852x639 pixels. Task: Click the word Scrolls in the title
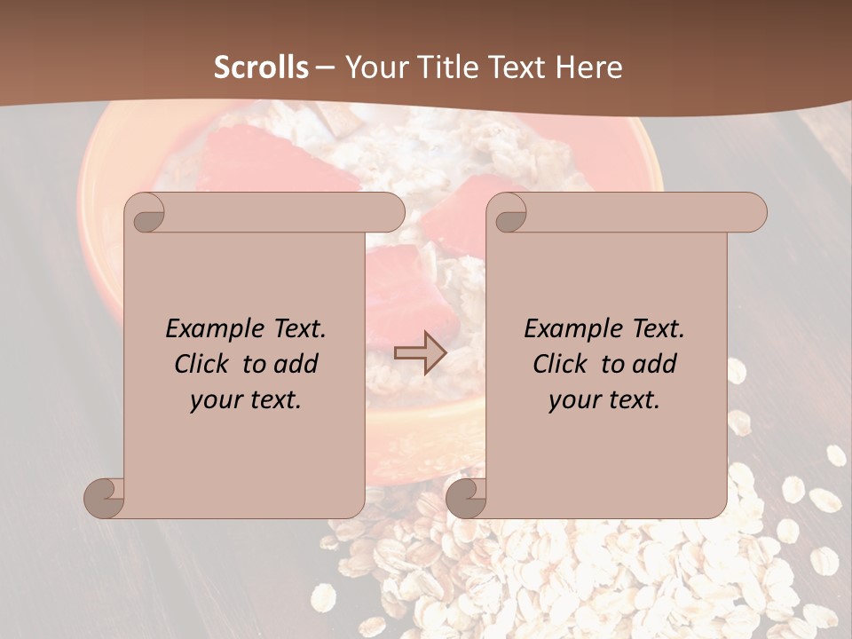(262, 67)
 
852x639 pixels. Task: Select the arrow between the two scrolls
(420, 353)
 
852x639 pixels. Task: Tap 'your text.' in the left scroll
(246, 399)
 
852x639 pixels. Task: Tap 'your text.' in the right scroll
(604, 399)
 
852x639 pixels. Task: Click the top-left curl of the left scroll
(146, 214)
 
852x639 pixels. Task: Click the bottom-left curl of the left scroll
(104, 498)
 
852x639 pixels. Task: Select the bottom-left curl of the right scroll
(466, 498)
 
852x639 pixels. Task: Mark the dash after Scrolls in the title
(325, 67)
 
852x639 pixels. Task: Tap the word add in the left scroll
(296, 364)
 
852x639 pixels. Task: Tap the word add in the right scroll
(655, 364)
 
